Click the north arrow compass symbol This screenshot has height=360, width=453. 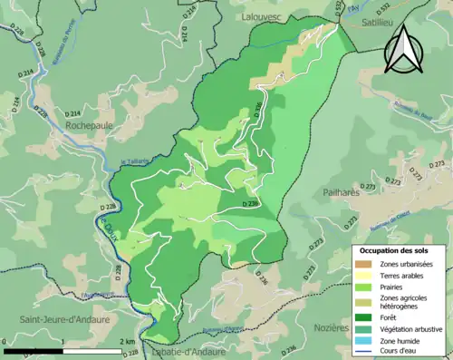(x=403, y=49)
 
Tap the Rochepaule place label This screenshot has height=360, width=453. (x=91, y=127)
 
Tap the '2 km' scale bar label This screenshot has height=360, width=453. (x=127, y=342)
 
